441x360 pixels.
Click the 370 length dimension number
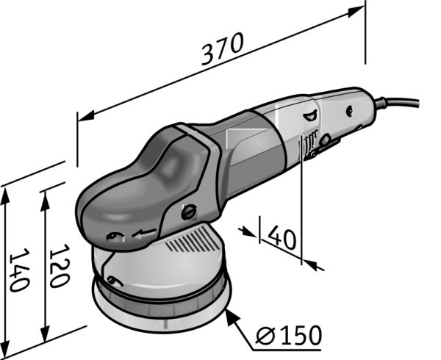coord(222,48)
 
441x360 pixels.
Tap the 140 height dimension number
coord(19,270)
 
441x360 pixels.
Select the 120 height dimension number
coord(59,265)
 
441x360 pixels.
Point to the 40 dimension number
coord(282,237)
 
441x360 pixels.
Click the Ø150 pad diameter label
coord(289,335)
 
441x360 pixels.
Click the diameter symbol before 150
coord(265,335)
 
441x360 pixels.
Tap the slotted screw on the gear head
coord(189,212)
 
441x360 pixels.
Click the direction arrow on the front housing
coord(144,233)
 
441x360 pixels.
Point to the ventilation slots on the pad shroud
coord(193,240)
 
